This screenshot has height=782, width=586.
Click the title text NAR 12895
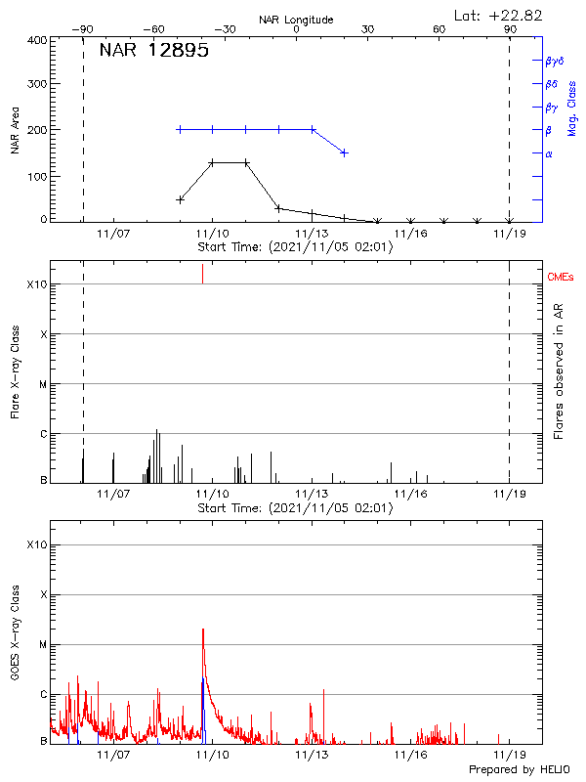pyautogui.click(x=153, y=52)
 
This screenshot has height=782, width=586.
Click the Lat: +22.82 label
pyautogui.click(x=499, y=15)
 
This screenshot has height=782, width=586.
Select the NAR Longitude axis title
pyautogui.click(x=296, y=20)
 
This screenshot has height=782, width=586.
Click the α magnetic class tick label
pyautogui.click(x=549, y=153)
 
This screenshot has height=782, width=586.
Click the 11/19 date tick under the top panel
pyautogui.click(x=509, y=234)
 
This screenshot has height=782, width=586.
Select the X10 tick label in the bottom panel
pyautogui.click(x=38, y=544)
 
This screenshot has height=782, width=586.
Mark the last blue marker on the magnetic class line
pyautogui.click(x=344, y=152)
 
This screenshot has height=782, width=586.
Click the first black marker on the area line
pyautogui.click(x=180, y=199)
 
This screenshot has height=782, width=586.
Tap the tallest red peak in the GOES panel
pyautogui.click(x=203, y=630)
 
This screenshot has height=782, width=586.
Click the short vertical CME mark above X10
pyautogui.click(x=202, y=273)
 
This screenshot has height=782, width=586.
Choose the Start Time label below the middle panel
pyautogui.click(x=295, y=507)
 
